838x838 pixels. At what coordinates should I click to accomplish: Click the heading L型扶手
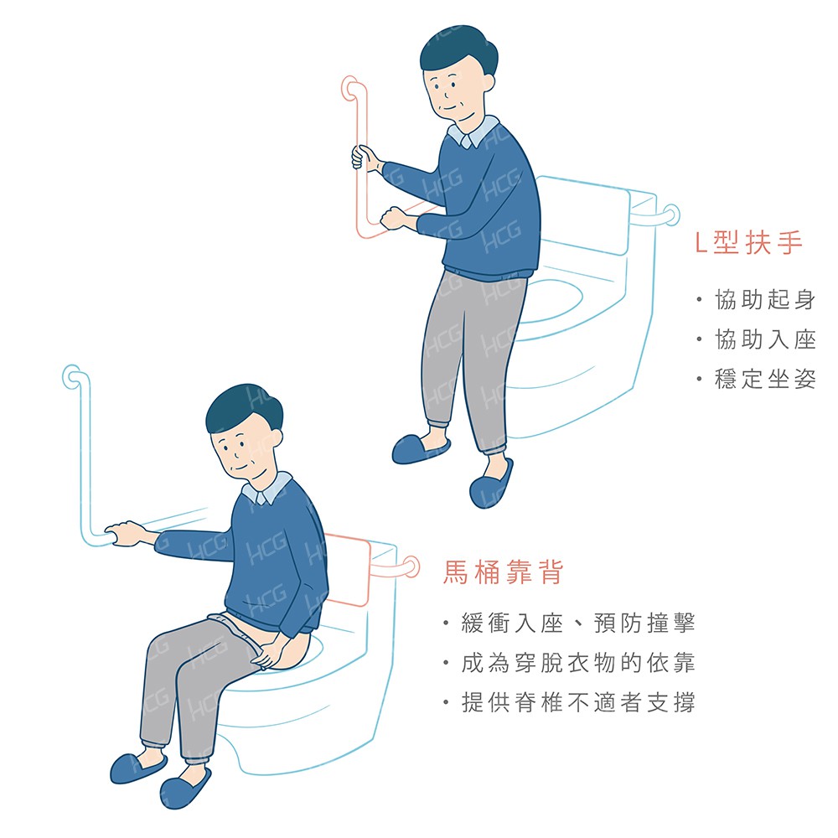pos(748,243)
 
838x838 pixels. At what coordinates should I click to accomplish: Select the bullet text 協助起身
pos(765,300)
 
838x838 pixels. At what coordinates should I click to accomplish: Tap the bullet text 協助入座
pos(765,339)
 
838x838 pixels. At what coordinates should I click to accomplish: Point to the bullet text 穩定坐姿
pos(765,379)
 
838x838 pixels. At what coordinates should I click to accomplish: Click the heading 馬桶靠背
pos(503,572)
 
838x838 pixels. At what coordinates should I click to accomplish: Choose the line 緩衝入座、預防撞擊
pos(578,623)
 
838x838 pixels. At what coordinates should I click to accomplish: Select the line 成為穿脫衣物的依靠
pos(578,663)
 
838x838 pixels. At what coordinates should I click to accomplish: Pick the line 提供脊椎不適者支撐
pos(578,702)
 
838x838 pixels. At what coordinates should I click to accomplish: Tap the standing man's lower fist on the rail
pos(393,218)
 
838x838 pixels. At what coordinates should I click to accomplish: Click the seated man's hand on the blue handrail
pos(124,533)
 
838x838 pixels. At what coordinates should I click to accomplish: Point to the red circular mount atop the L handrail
pos(350,87)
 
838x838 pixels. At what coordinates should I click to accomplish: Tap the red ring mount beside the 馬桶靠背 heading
pos(411,566)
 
